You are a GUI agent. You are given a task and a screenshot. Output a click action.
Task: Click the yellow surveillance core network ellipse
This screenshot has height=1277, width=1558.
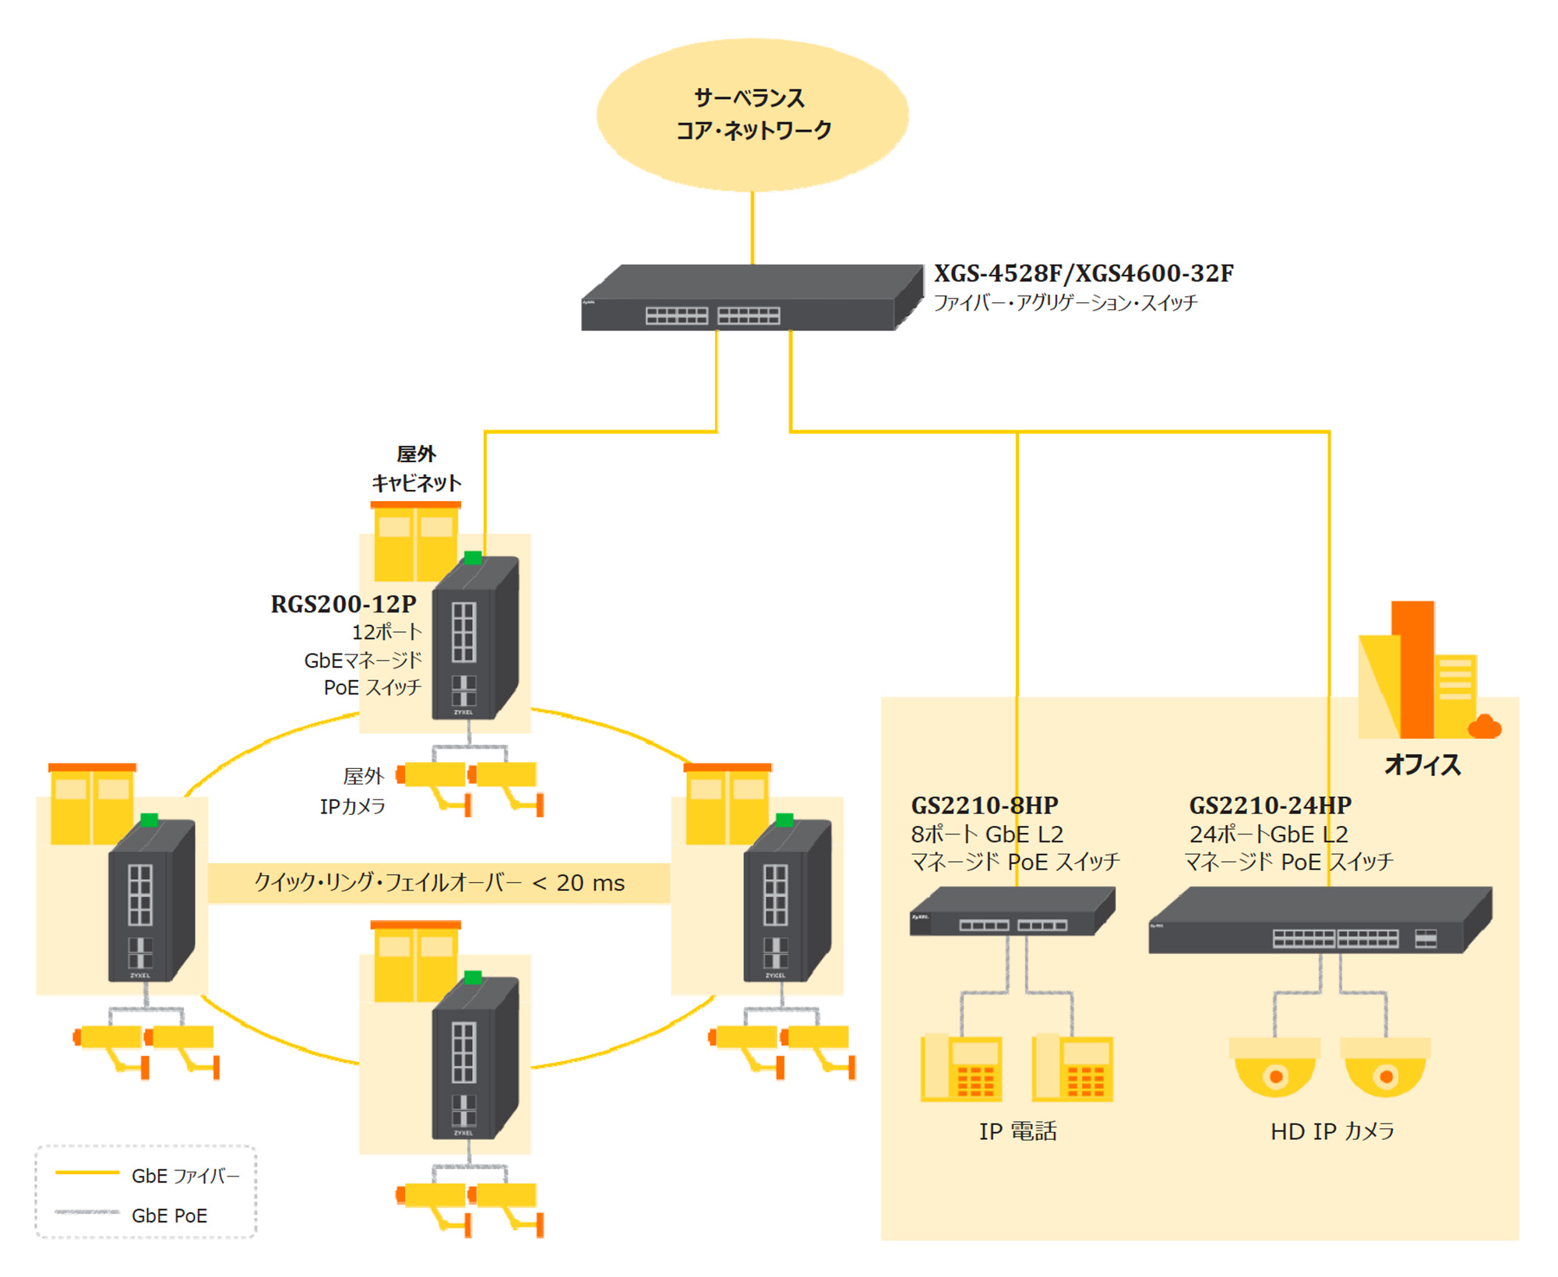click(753, 115)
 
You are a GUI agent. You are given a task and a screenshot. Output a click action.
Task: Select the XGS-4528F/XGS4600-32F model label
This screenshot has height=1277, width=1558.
click(1083, 273)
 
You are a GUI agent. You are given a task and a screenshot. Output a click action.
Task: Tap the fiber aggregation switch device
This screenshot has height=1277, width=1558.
click(751, 299)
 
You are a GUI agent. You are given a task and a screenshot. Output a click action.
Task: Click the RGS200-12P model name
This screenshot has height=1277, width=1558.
click(344, 604)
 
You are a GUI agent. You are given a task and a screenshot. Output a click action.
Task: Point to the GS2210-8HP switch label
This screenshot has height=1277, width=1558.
click(985, 805)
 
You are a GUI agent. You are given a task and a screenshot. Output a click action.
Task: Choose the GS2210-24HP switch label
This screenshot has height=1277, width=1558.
click(1270, 805)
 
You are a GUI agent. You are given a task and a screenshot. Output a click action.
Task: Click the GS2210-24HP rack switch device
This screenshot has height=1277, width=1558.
click(1320, 921)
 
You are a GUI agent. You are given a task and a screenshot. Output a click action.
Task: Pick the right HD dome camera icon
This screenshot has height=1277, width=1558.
click(1385, 1067)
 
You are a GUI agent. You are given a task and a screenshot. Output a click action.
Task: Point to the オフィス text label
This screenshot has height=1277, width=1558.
click(1422, 764)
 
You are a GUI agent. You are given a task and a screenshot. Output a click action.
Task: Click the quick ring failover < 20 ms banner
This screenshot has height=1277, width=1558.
click(439, 883)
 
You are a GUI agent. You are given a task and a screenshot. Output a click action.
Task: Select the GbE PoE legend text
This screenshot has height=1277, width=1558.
click(169, 1215)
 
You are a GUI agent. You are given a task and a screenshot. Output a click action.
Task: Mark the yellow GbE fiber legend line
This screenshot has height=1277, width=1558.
click(86, 1173)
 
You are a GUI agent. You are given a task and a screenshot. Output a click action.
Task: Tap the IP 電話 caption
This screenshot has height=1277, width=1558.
click(1017, 1131)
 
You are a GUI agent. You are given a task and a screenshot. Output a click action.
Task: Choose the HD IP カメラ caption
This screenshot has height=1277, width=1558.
click(1332, 1131)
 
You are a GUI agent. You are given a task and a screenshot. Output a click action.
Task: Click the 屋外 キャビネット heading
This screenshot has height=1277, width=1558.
click(417, 468)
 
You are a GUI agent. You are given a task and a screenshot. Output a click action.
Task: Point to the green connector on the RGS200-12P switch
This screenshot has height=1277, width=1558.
click(473, 557)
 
